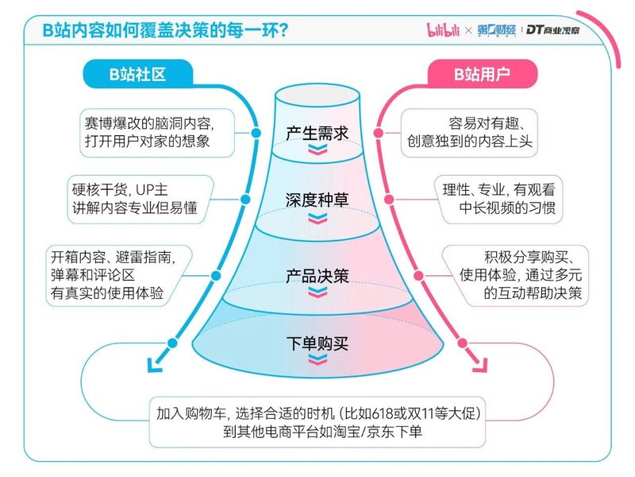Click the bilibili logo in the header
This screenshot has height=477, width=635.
[x=443, y=29]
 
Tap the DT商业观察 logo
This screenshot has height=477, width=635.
[x=553, y=29]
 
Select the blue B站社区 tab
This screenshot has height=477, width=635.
[x=137, y=74]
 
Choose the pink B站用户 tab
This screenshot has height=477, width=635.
[x=482, y=74]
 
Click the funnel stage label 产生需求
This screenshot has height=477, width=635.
[x=317, y=133]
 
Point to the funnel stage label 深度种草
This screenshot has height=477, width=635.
[x=317, y=200]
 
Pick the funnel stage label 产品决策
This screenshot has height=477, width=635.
[x=317, y=276]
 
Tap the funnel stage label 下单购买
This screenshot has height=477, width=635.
[x=317, y=343]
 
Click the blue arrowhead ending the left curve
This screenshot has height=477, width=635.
[x=154, y=365]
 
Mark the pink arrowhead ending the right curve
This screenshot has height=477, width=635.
[x=480, y=365]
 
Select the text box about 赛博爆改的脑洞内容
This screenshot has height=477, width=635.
[x=157, y=133]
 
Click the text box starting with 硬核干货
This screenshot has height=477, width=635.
[x=140, y=200]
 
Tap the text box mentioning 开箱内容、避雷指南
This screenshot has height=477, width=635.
[x=118, y=275]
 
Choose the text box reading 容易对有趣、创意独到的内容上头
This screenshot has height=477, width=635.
[x=469, y=133]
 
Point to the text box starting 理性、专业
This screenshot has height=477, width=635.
[x=498, y=200]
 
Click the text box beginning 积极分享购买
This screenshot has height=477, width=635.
[x=514, y=275]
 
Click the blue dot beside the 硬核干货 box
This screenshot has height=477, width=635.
[x=245, y=200]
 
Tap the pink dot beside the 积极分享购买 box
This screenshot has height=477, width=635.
[x=419, y=276]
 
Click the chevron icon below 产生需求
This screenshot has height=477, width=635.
[x=317, y=149]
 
